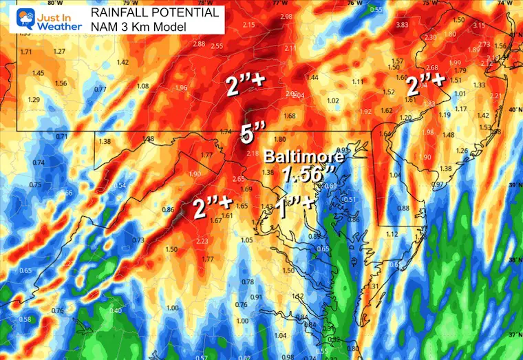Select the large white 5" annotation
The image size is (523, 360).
[248, 134]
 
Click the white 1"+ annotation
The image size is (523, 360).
[295, 206]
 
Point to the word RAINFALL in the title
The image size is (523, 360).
[119, 12]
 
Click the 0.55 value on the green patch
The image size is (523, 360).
[375, 9]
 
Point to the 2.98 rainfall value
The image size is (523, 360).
[286, 16]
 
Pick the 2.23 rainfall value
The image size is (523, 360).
[202, 241]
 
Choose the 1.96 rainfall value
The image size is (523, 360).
[181, 87]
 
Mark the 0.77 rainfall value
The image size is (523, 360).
[100, 89]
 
